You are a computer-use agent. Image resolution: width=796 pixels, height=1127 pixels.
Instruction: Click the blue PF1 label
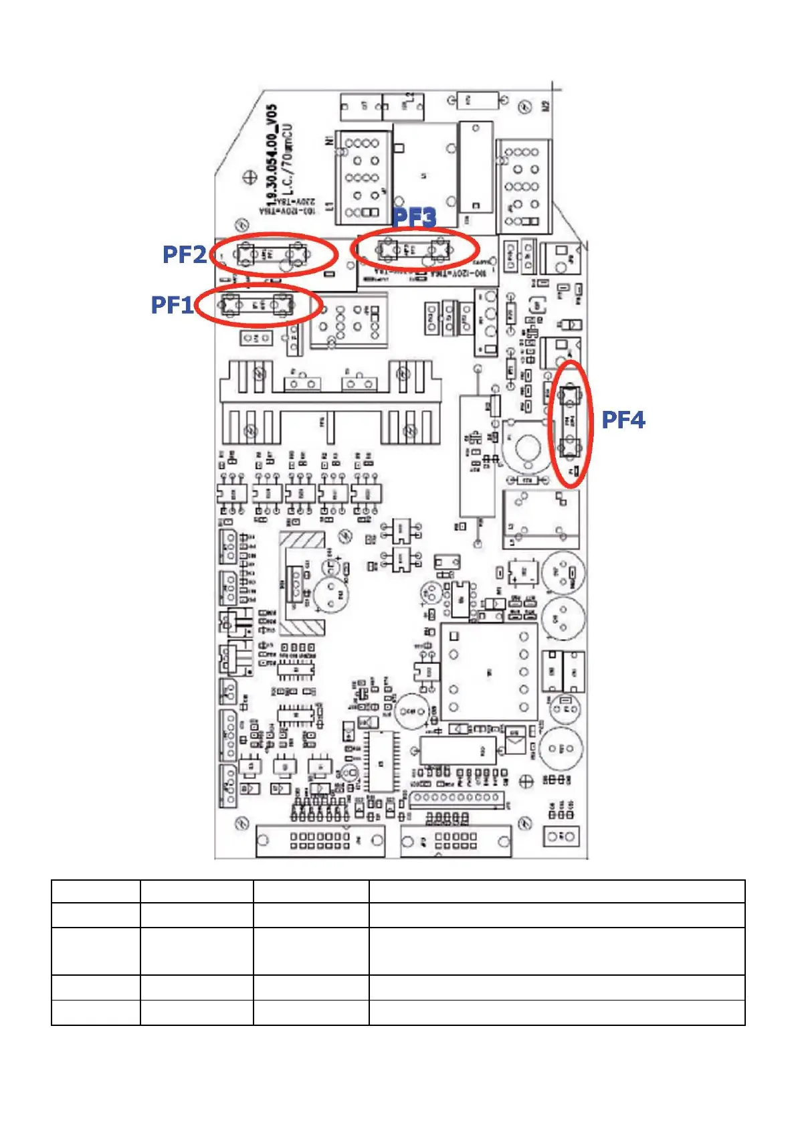tap(171, 305)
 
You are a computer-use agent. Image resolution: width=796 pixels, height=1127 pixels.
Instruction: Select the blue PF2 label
tap(184, 254)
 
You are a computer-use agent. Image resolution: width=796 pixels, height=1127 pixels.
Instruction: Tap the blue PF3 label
tap(414, 218)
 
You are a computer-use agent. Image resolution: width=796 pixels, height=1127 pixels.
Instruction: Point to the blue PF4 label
tap(623, 420)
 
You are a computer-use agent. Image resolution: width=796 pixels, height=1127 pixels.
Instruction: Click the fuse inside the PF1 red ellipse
tap(258, 305)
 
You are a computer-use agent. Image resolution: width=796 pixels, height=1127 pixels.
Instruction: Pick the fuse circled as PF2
tap(272, 254)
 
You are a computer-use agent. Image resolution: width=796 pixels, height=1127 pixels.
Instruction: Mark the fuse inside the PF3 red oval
tap(413, 250)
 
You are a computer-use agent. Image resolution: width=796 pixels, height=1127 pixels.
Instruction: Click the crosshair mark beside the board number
tap(250, 177)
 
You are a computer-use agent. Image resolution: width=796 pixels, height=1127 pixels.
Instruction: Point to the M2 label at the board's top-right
tap(546, 106)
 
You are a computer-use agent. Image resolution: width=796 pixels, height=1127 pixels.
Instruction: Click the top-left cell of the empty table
tap(96, 891)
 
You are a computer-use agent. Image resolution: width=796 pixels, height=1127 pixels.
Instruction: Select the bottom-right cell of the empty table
tap(557, 1013)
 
